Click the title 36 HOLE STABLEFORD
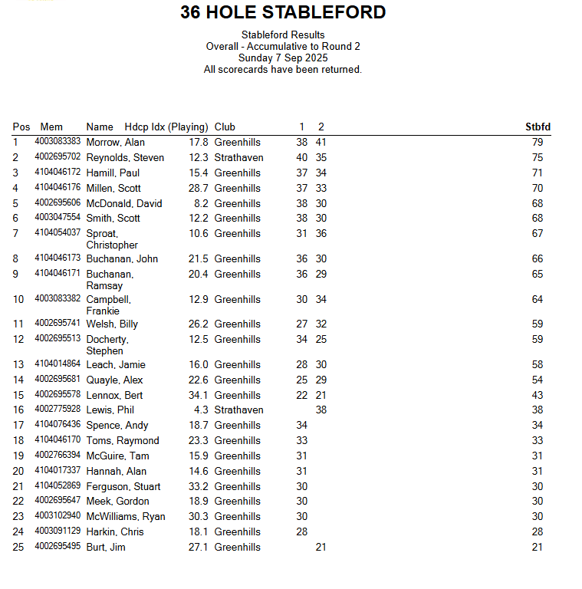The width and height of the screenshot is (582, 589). [x=283, y=12]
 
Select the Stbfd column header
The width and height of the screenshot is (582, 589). [x=538, y=127]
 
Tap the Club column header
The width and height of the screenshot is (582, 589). [x=225, y=127]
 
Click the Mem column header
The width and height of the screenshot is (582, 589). [x=51, y=127]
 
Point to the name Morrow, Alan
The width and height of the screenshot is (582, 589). [x=115, y=143]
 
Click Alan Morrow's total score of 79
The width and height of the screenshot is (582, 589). [x=537, y=143]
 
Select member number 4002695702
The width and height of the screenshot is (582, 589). [x=58, y=157]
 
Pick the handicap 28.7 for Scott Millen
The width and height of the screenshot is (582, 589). [x=199, y=188]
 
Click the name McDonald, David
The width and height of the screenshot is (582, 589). [x=124, y=203]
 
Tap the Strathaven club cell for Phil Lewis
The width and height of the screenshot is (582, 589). [x=238, y=410]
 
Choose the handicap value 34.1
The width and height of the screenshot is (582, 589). [x=199, y=395]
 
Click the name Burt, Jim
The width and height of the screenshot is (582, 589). [x=106, y=548]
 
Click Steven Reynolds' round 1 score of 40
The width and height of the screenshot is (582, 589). [x=302, y=158]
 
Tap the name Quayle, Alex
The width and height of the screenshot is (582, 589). [x=114, y=380]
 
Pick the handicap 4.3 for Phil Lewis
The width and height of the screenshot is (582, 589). [x=202, y=410]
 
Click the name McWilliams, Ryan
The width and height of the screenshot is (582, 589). [x=126, y=517]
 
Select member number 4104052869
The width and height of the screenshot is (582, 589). [x=58, y=486]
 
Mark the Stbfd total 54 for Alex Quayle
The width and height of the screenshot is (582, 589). [x=537, y=380]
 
